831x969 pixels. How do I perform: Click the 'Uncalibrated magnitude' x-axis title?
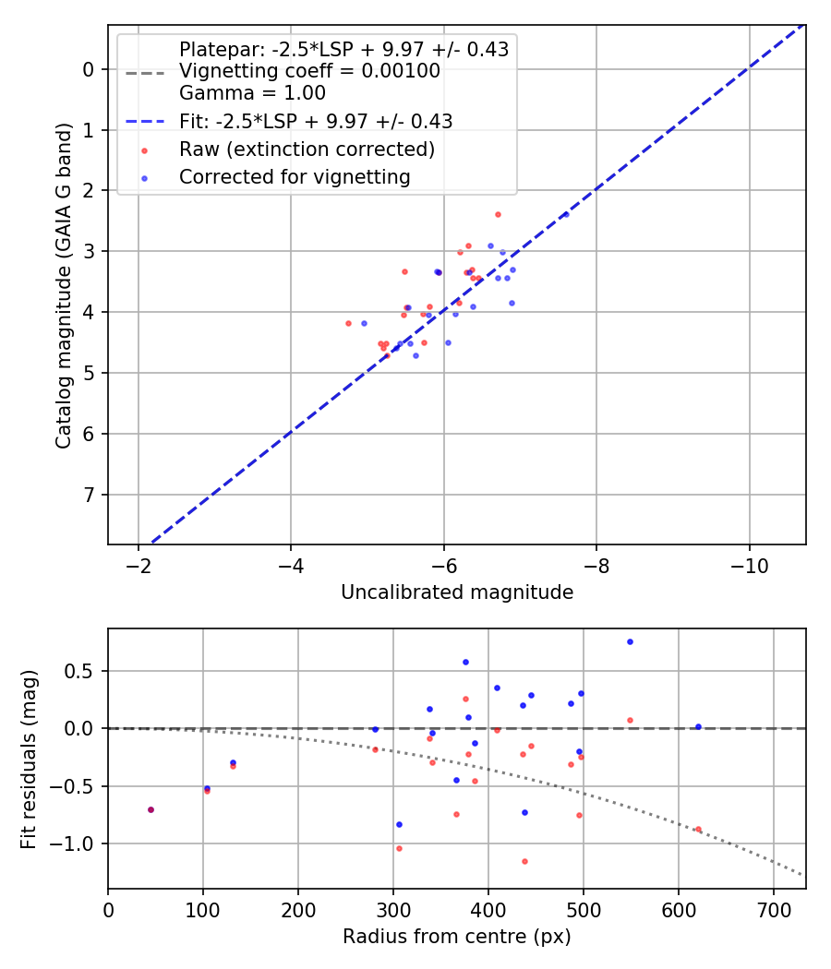(x=457, y=592)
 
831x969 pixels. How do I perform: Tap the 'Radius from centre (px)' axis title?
(x=457, y=937)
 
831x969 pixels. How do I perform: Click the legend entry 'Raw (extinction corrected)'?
(x=307, y=149)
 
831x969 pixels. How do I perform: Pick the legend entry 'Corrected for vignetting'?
(x=295, y=176)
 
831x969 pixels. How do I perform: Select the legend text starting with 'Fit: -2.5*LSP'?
(x=316, y=121)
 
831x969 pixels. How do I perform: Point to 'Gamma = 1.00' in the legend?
(x=252, y=93)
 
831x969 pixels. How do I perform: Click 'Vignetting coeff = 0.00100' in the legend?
(x=309, y=71)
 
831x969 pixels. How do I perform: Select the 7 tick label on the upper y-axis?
(x=89, y=495)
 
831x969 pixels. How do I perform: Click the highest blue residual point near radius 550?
(x=630, y=641)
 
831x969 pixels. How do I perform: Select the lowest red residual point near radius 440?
(x=524, y=861)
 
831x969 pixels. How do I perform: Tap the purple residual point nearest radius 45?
(x=151, y=809)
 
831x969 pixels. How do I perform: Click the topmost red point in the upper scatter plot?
(x=498, y=214)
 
